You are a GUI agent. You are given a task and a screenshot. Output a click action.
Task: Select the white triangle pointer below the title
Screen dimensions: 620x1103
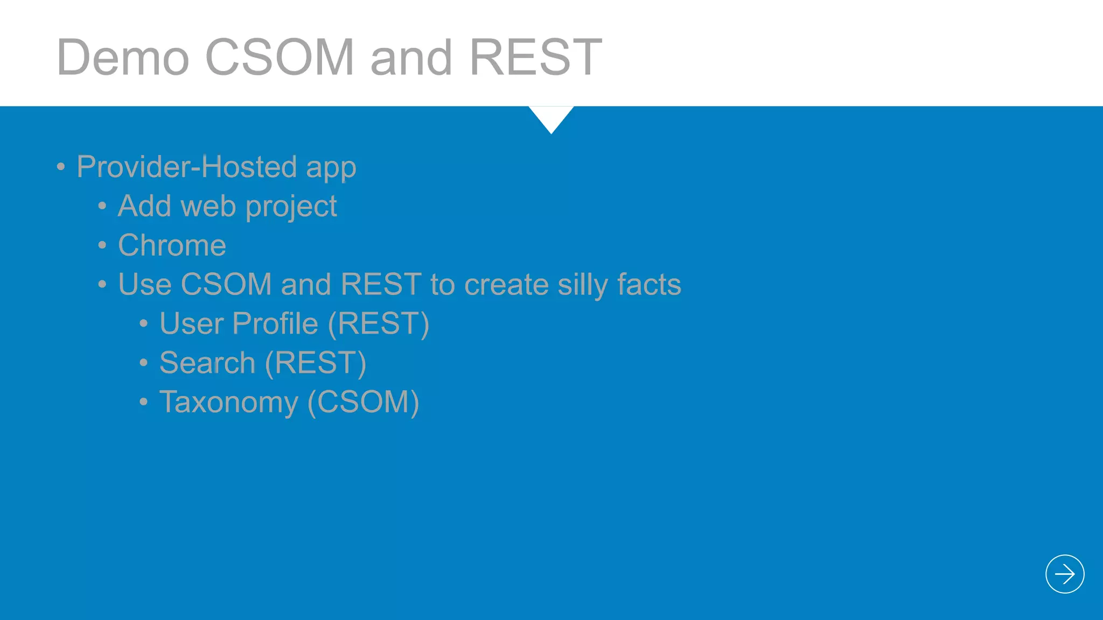(551, 117)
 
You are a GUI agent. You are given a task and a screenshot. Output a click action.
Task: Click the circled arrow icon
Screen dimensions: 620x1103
(1064, 574)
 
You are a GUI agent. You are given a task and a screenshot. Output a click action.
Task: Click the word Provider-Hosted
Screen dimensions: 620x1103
(186, 167)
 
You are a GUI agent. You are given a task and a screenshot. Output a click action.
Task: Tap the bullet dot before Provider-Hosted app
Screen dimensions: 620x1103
(61, 167)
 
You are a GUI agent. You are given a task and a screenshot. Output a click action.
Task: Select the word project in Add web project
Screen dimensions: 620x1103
(291, 207)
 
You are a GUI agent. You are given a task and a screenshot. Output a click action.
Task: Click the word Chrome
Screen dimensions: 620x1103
(172, 245)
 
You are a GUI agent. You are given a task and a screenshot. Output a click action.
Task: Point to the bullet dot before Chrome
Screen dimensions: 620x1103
(102, 246)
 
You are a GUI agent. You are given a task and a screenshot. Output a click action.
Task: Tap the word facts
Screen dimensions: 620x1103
(649, 285)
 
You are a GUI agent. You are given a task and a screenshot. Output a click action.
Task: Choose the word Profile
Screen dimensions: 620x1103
(275, 324)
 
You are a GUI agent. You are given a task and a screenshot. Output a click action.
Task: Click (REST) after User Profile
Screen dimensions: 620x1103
(378, 324)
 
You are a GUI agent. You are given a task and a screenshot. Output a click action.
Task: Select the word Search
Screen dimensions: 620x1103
(207, 363)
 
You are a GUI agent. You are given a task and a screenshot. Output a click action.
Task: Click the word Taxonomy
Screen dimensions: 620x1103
(228, 403)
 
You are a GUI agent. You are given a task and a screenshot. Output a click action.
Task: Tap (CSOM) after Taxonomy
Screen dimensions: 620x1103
(363, 403)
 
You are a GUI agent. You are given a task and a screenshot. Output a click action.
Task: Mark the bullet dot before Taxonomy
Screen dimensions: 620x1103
(143, 402)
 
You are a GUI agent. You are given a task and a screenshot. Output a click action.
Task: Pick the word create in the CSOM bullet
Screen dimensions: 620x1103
(506, 285)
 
